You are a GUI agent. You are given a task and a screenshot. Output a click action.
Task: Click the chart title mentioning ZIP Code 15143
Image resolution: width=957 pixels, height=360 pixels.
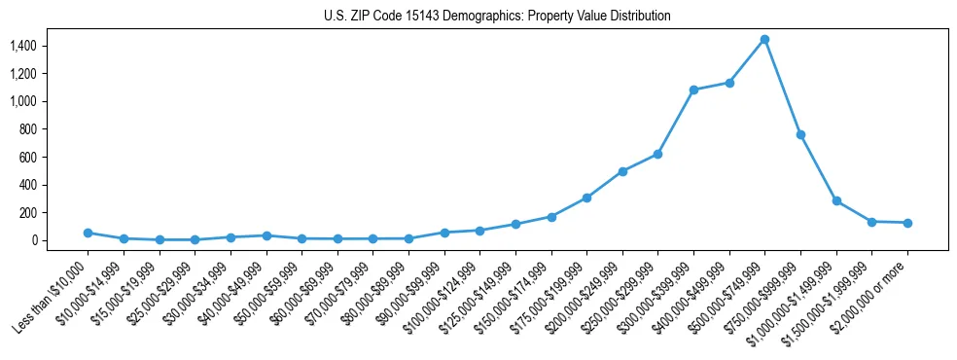pyautogui.click(x=497, y=16)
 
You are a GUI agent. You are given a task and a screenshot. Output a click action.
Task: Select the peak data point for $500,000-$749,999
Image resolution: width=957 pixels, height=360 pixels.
pyautogui.click(x=764, y=39)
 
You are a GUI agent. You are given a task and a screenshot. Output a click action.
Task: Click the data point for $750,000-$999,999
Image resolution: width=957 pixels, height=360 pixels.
pyautogui.click(x=800, y=134)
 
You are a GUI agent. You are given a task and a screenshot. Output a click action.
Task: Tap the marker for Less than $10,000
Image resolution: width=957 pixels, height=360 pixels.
pyautogui.click(x=88, y=233)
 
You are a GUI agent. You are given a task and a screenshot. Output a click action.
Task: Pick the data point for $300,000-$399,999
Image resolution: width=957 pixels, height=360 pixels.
pyautogui.click(x=693, y=90)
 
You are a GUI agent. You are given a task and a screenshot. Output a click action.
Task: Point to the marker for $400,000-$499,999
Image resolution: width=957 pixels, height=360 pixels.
pyautogui.click(x=729, y=83)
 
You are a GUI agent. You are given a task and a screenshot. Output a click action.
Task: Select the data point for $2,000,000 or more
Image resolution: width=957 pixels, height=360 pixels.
pyautogui.click(x=907, y=223)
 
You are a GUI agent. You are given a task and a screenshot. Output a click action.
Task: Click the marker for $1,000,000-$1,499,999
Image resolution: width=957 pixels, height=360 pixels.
pyautogui.click(x=836, y=200)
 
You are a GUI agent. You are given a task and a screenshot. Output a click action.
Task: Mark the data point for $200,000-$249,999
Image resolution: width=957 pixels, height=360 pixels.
pyautogui.click(x=622, y=171)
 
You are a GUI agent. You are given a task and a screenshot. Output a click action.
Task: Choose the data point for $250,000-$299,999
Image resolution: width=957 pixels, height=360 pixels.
pyautogui.click(x=657, y=154)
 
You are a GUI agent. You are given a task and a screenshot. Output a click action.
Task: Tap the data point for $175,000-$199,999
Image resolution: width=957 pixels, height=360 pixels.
pyautogui.click(x=586, y=198)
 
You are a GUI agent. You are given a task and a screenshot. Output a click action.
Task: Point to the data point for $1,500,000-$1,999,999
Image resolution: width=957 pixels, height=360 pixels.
pyautogui.click(x=871, y=222)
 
